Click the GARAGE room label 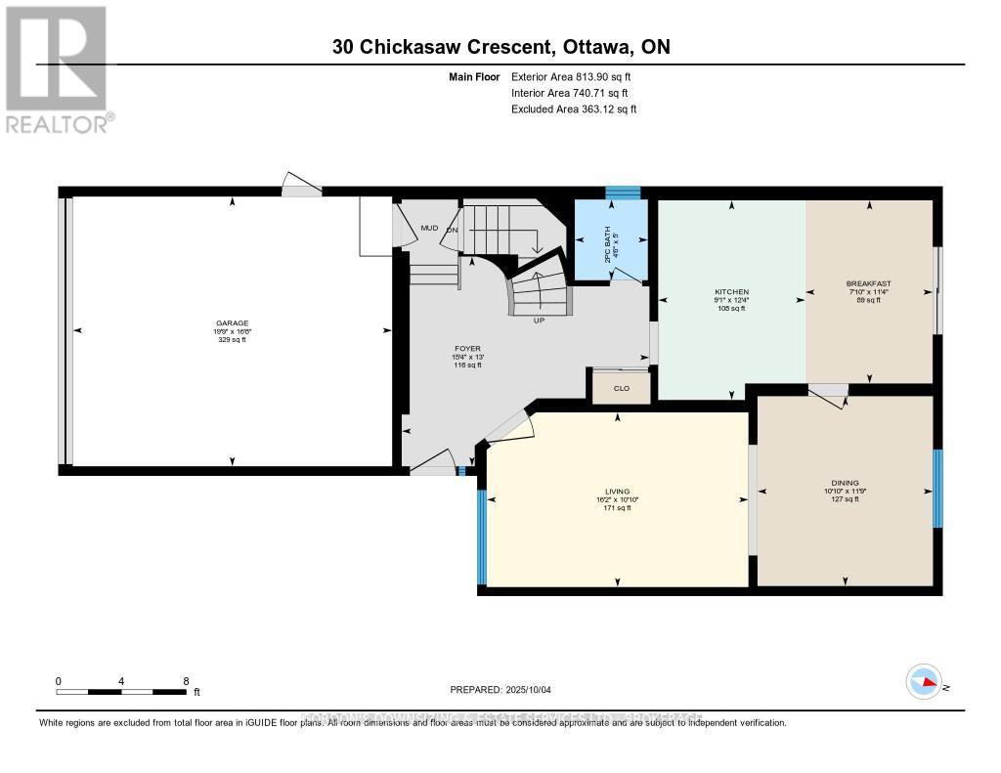click(233, 323)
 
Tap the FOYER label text click(466, 348)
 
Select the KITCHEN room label click(731, 292)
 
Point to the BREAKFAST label click(868, 283)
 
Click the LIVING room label click(617, 492)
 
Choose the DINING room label click(845, 483)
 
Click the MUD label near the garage click(428, 228)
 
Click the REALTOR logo click(57, 68)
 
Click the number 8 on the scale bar click(185, 681)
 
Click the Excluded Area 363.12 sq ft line click(574, 109)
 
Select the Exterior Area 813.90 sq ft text click(578, 76)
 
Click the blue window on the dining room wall click(937, 489)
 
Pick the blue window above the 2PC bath click(622, 193)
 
